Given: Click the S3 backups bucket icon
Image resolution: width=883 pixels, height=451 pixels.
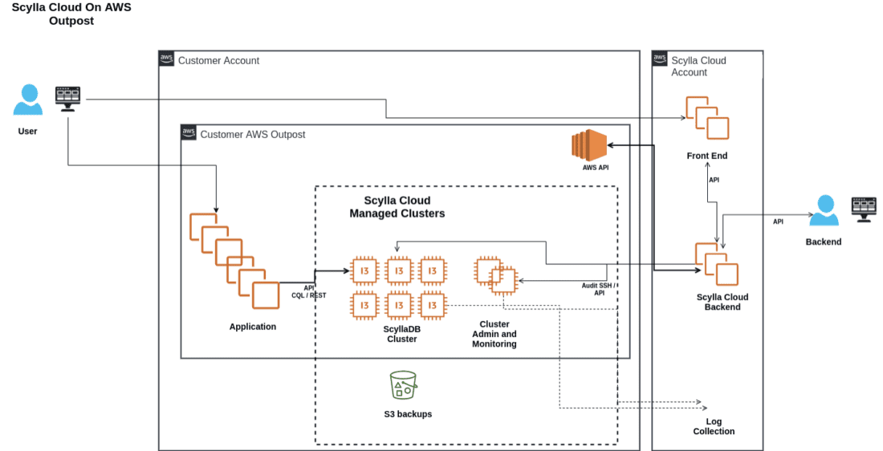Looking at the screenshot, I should click(402, 385).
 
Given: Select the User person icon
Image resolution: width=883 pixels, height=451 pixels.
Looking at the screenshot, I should click(27, 100).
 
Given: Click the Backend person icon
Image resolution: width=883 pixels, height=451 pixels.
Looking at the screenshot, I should click(823, 212).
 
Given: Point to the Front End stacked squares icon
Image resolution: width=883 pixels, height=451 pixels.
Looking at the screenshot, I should click(706, 118).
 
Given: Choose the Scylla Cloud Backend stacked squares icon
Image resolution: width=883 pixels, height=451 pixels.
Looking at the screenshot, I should click(716, 263).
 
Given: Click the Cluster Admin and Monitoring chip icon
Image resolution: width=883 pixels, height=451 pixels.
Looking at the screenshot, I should click(494, 276).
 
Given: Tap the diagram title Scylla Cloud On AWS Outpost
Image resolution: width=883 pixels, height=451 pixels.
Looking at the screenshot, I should click(71, 14).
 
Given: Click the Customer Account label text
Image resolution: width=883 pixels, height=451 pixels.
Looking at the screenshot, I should click(218, 61).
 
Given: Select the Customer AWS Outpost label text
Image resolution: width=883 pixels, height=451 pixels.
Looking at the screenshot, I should click(252, 135).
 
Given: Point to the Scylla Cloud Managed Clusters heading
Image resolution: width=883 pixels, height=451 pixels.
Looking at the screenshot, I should click(397, 207).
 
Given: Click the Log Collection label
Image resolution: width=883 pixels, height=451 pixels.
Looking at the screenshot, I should click(714, 426).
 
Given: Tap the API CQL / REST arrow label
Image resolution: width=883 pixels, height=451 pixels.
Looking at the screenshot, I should click(309, 291).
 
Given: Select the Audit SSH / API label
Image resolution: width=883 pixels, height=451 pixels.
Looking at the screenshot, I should click(599, 289).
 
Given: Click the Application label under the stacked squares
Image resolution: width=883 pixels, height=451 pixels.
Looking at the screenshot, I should click(252, 327).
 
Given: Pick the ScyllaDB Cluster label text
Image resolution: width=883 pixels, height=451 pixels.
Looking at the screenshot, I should click(401, 334).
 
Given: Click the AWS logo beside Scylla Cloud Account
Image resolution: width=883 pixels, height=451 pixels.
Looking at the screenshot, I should click(660, 59).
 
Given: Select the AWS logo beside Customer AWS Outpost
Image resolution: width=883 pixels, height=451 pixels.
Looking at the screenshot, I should click(189, 133).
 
